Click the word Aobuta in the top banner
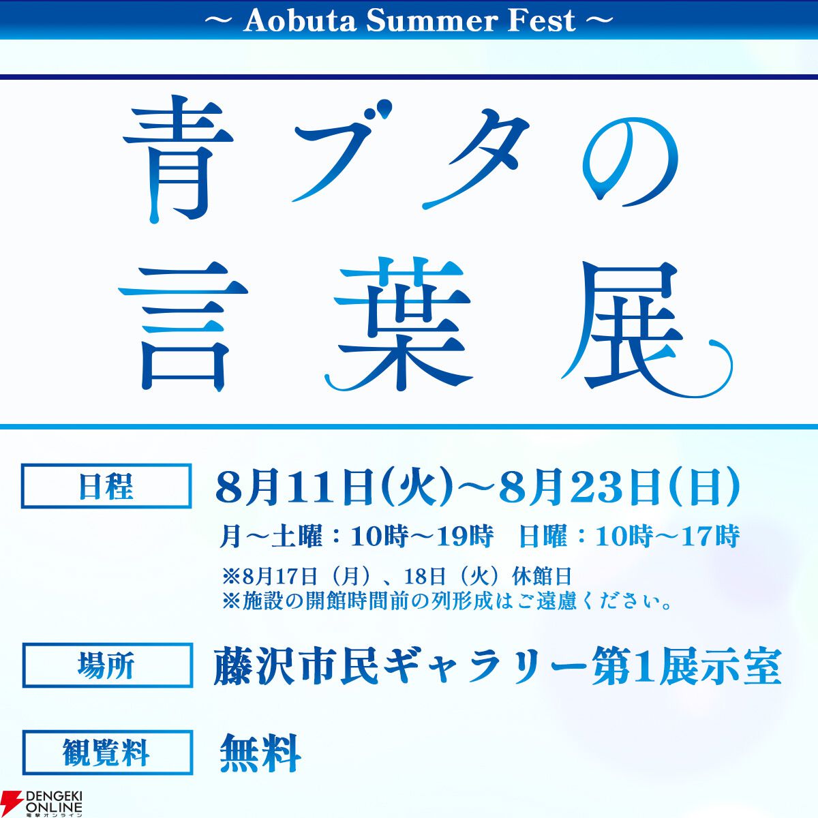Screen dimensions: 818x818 300,20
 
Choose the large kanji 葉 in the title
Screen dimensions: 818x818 399,324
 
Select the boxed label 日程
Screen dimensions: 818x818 106,486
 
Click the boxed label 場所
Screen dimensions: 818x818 107,665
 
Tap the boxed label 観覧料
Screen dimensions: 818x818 107,752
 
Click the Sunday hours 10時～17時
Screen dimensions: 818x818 668,536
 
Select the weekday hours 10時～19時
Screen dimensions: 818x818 422,536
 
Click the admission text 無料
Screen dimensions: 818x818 260,753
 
